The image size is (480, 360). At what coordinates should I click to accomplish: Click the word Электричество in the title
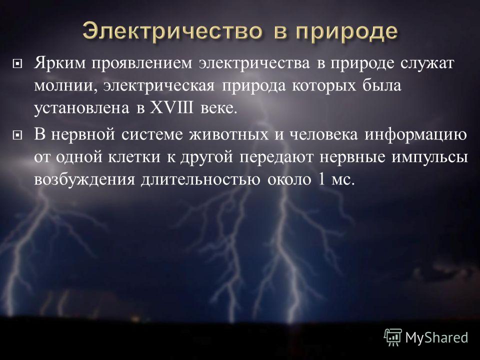coord(172,31)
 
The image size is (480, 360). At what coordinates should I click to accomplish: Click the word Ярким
coord(60,63)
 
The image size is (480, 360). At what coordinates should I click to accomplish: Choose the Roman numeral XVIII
coord(171,108)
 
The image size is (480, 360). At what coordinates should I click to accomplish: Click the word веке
coord(219,108)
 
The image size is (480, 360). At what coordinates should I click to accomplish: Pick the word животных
coord(228,135)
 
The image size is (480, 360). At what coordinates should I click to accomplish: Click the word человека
coord(323,135)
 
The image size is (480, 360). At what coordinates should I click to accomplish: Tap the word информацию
coord(415,135)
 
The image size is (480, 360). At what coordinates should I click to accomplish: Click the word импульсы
coord(430,157)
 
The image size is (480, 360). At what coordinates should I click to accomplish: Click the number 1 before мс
coord(321,179)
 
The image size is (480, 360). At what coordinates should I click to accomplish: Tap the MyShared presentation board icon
coord(393,337)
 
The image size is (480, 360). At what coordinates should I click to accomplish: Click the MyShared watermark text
coord(436,337)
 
